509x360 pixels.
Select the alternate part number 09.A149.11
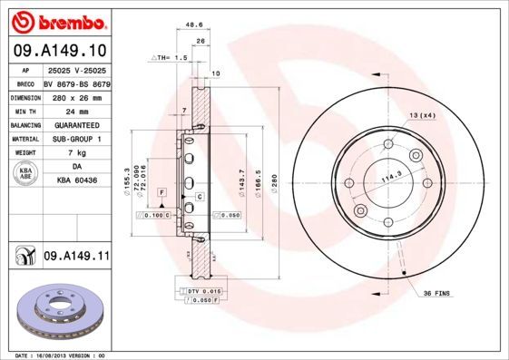click(76, 257)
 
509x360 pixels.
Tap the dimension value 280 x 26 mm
click(76, 97)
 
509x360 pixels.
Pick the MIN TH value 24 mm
click(76, 111)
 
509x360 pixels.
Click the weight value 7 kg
click(76, 153)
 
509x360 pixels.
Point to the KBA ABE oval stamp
click(27, 174)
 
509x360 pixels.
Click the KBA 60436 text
click(76, 181)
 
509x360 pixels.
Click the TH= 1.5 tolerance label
click(169, 56)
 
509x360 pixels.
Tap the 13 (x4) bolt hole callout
click(422, 115)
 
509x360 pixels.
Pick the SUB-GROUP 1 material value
click(76, 139)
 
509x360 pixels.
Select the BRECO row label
click(27, 83)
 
